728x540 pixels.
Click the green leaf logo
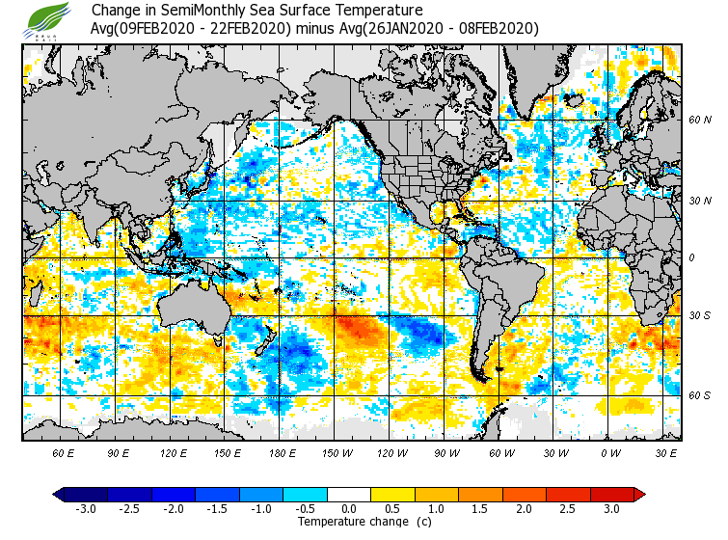pyautogui.click(x=47, y=19)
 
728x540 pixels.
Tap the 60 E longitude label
pyautogui.click(x=63, y=452)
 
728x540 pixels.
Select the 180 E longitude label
pyautogui.click(x=282, y=452)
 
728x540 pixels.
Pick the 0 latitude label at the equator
pyautogui.click(x=690, y=258)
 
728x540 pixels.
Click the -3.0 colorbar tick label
pyautogui.click(x=86, y=508)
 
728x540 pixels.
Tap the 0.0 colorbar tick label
pyautogui.click(x=349, y=508)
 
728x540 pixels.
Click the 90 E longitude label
pyautogui.click(x=118, y=452)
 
